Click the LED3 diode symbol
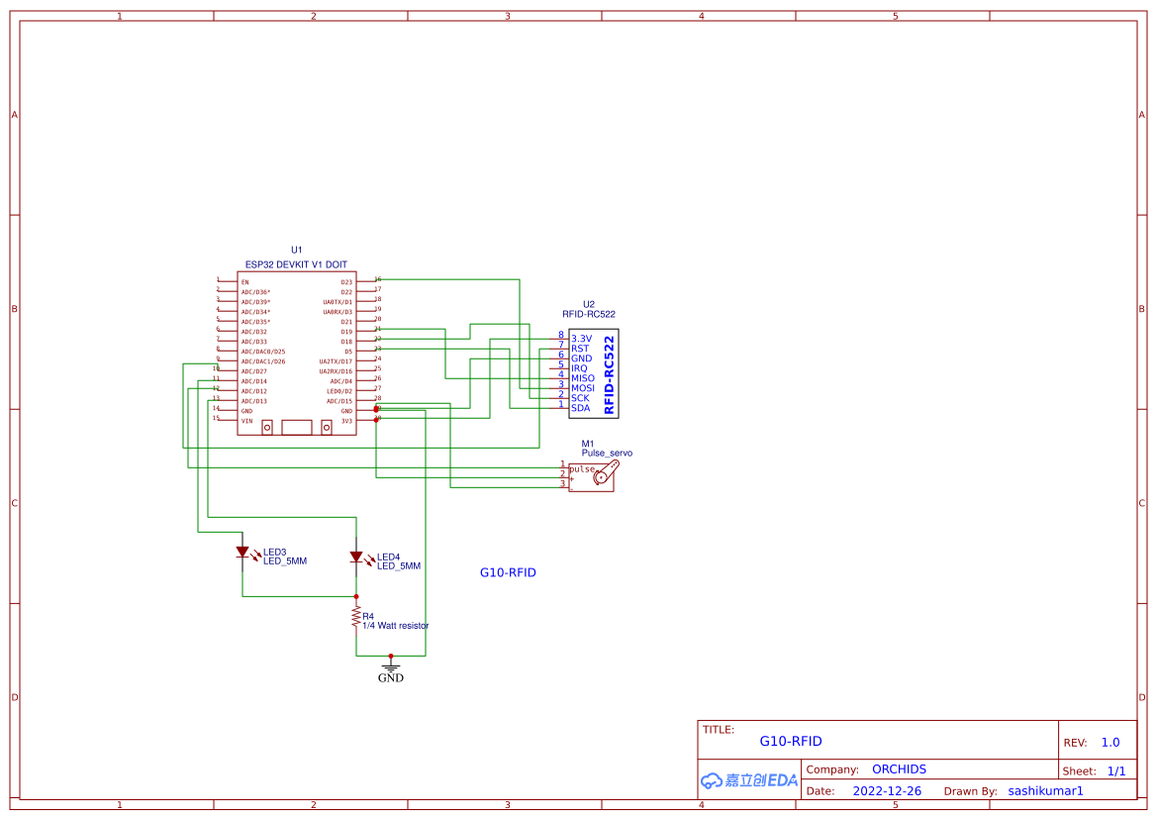242,553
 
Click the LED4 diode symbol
356,558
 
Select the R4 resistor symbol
356,618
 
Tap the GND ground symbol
391,668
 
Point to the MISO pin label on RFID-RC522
583,378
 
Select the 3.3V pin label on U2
581,339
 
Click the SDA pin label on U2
580,408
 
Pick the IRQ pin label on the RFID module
579,368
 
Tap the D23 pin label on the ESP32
346,282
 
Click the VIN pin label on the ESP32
246,421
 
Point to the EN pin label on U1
244,282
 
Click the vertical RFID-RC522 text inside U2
609,374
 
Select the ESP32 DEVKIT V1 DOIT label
296,264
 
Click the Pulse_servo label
607,453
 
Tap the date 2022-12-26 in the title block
887,791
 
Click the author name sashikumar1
1045,791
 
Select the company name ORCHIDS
899,769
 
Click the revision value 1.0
1109,743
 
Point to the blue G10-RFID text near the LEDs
508,572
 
